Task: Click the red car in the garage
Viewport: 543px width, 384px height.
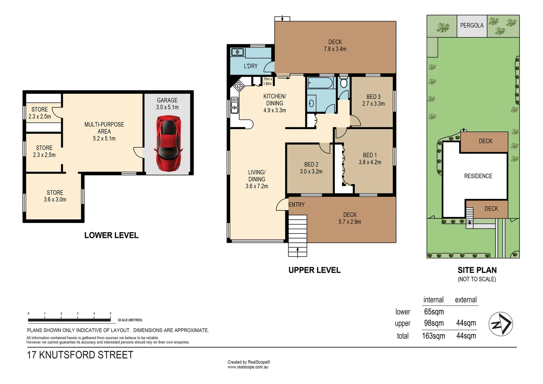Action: pyautogui.click(x=168, y=143)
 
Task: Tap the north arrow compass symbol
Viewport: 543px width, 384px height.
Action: pyautogui.click(x=500, y=324)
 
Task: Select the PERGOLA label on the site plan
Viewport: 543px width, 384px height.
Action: pyautogui.click(x=472, y=26)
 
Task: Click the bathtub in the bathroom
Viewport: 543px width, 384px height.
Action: pyautogui.click(x=320, y=83)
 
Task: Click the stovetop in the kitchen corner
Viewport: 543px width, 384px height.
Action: pyautogui.click(x=238, y=85)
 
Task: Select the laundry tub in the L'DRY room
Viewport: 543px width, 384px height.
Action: pyautogui.click(x=237, y=52)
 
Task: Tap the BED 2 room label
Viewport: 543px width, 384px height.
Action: pyautogui.click(x=311, y=164)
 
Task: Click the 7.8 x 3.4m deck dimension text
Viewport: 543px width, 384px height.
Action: pyautogui.click(x=335, y=49)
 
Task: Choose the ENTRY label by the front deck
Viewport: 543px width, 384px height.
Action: pyautogui.click(x=296, y=205)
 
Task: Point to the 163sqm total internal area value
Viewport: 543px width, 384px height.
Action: pyautogui.click(x=433, y=336)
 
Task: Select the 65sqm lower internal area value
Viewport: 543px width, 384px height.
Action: pyautogui.click(x=434, y=312)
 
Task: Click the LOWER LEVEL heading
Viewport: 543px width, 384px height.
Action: pyautogui.click(x=111, y=235)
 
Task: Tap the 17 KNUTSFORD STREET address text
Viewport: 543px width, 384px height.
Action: pyautogui.click(x=80, y=355)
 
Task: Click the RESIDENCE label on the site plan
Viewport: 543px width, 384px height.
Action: pyautogui.click(x=478, y=176)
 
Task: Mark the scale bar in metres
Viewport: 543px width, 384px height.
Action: pyautogui.click(x=69, y=320)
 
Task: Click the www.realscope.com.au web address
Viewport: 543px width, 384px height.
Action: pyautogui.click(x=248, y=367)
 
